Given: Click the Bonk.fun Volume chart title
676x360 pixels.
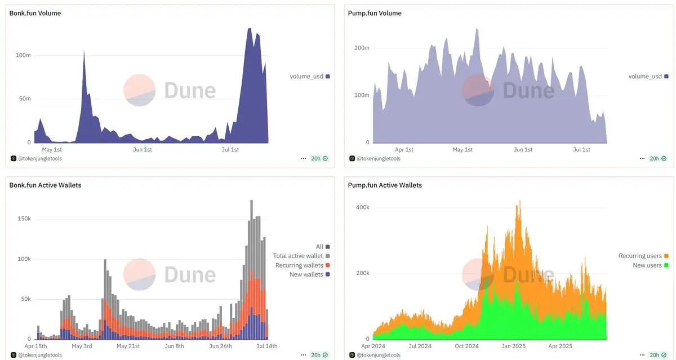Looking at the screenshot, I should pyautogui.click(x=35, y=13).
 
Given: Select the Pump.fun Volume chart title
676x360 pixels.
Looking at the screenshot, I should pyautogui.click(x=374, y=13).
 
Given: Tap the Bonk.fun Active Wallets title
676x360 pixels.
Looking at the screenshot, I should pyautogui.click(x=45, y=185).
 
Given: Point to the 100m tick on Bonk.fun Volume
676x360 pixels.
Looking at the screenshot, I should pyautogui.click(x=23, y=55).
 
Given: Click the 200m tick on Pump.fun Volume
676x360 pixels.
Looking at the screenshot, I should pyautogui.click(x=361, y=48).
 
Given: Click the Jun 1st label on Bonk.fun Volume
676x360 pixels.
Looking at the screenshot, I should pyautogui.click(x=142, y=149).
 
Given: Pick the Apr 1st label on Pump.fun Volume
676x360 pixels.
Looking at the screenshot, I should pyautogui.click(x=404, y=149).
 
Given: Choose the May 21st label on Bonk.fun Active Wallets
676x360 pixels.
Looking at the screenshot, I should pyautogui.click(x=128, y=346).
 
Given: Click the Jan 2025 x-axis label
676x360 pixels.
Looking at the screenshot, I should pyautogui.click(x=513, y=346).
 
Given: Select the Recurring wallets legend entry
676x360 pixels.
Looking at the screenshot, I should pyautogui.click(x=299, y=265).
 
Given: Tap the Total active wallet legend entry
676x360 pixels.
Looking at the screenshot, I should pyautogui.click(x=298, y=256).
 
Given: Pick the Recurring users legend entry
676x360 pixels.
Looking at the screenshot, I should pyautogui.click(x=640, y=256).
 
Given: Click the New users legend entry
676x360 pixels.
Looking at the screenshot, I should pyautogui.click(x=647, y=265).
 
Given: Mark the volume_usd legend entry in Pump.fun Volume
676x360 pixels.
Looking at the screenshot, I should pyautogui.click(x=645, y=76).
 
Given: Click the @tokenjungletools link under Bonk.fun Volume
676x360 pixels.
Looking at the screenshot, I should pyautogui.click(x=40, y=158).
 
